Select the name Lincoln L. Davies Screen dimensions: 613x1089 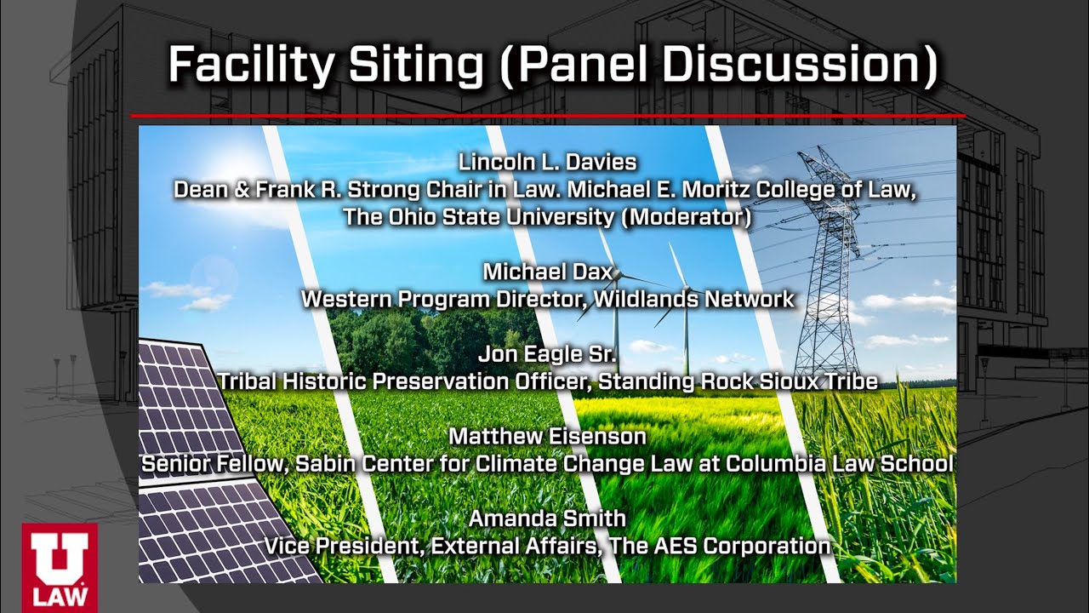click(547, 162)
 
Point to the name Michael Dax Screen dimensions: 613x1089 click(547, 272)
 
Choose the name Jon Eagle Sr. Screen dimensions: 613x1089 click(547, 353)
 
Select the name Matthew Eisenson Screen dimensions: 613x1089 click(547, 436)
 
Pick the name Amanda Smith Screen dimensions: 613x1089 click(547, 518)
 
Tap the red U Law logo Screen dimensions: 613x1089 click(60, 566)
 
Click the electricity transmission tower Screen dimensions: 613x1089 click(823, 272)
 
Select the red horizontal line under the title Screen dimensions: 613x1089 click(547, 115)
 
